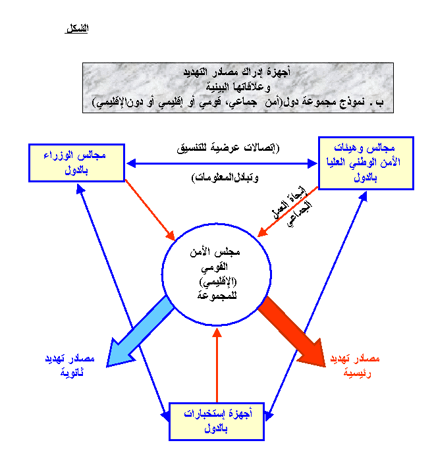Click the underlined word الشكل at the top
[x=77, y=28]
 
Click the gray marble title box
[x=238, y=86]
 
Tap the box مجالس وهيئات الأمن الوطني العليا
[x=366, y=163]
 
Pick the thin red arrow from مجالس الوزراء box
[x=149, y=210]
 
